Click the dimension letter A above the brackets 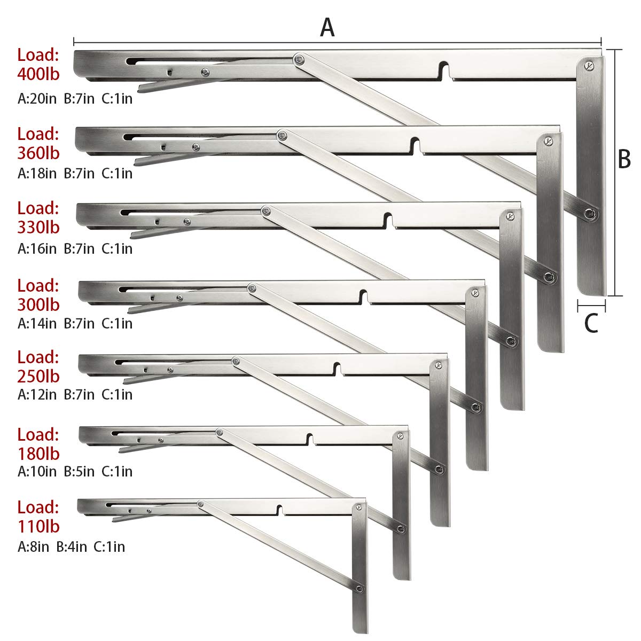[327, 27]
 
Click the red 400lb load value [38, 74]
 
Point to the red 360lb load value [38, 153]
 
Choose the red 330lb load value [38, 227]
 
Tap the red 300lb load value [38, 304]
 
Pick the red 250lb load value [38, 376]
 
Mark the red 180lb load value [38, 454]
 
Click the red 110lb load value [38, 526]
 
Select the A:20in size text [37, 98]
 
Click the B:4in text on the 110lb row [72, 546]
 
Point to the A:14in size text [37, 323]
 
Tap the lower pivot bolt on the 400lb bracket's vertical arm [590, 213]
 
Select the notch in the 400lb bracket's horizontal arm [445, 71]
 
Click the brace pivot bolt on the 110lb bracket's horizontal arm [201, 504]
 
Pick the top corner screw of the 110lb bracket [359, 507]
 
